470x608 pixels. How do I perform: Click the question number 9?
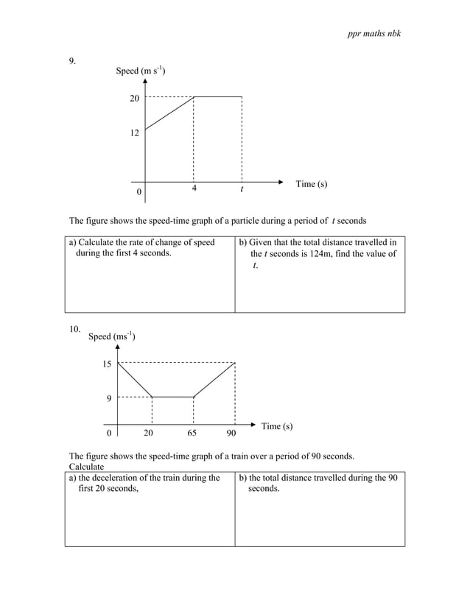pyautogui.click(x=73, y=62)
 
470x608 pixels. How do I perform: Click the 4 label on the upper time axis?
pyautogui.click(x=194, y=188)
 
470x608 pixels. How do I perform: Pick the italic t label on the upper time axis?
pyautogui.click(x=241, y=189)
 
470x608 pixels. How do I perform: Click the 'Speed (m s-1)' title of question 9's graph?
pyautogui.click(x=140, y=71)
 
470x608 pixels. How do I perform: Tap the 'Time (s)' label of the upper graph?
pyautogui.click(x=311, y=184)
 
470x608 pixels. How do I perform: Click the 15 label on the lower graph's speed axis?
pyautogui.click(x=108, y=364)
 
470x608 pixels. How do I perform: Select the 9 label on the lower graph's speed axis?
pyautogui.click(x=109, y=399)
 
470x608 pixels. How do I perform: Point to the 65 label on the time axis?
pyautogui.click(x=193, y=434)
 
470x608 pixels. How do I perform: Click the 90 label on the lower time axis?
pyautogui.click(x=231, y=434)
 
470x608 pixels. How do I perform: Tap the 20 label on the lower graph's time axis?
pyautogui.click(x=148, y=434)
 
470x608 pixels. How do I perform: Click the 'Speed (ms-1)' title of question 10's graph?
pyautogui.click(x=111, y=336)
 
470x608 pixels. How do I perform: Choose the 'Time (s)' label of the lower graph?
pyautogui.click(x=276, y=426)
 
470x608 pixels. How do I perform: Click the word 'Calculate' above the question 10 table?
pyautogui.click(x=86, y=467)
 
